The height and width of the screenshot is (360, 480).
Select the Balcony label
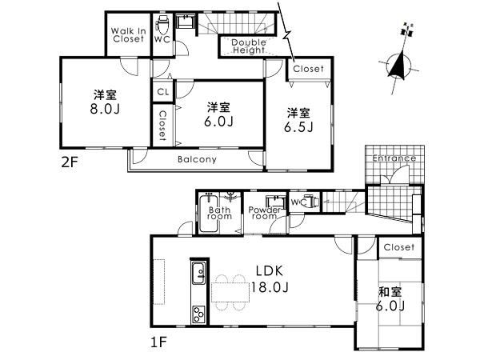pos(197,159)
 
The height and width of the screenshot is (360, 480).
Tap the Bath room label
pos(220,214)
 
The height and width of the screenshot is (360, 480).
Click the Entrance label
pos(394,158)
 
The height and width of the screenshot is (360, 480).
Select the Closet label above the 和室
pos(398,248)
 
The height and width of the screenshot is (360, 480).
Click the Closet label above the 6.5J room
pos(307,69)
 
